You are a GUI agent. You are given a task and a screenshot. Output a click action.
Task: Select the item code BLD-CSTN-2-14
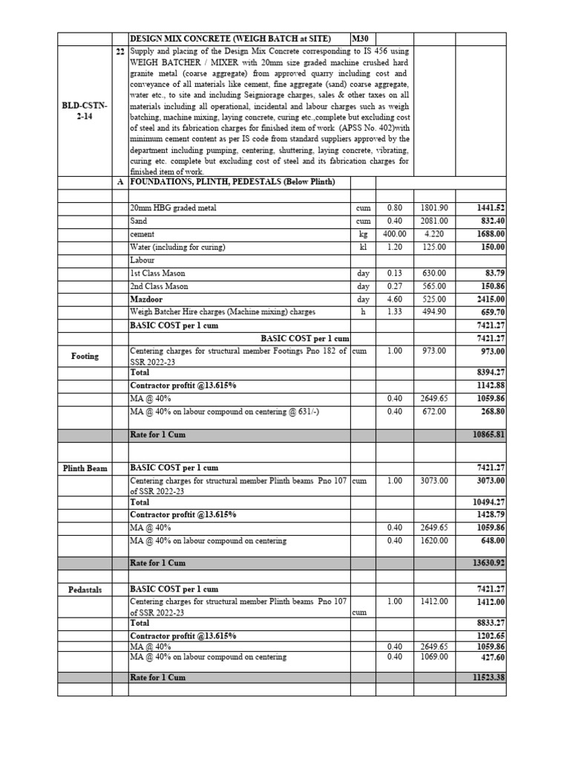(x=85, y=111)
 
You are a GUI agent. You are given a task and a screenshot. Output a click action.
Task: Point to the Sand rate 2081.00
(x=433, y=221)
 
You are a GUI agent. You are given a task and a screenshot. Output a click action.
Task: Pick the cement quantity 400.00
(x=394, y=234)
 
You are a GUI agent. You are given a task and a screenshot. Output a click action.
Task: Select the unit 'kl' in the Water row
(x=363, y=247)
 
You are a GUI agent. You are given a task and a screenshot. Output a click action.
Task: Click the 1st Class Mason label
(x=159, y=273)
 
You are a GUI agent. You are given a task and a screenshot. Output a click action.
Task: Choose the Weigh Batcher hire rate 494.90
(x=433, y=312)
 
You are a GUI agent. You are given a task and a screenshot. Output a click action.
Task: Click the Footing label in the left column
(x=85, y=357)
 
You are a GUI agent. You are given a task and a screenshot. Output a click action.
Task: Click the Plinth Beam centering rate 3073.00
(x=433, y=481)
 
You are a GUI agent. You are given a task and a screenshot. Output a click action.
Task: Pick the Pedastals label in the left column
(x=85, y=589)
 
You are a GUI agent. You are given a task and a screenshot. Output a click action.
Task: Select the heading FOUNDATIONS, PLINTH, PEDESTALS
(x=232, y=182)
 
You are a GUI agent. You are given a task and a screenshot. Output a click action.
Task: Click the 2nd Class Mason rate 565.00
(x=433, y=286)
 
